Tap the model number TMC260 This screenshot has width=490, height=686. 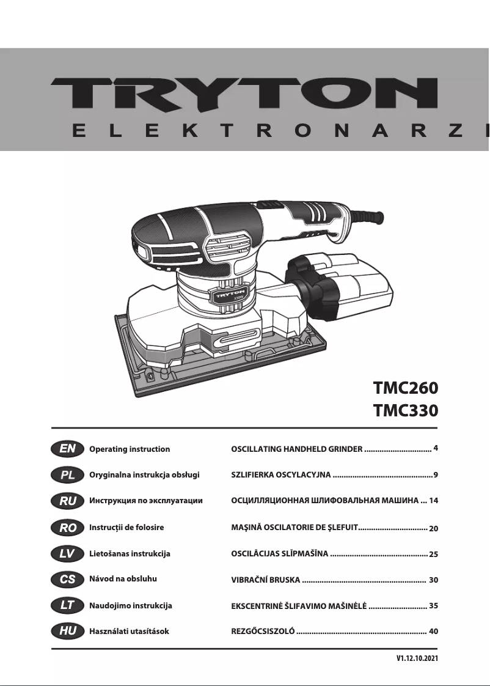[x=406, y=388]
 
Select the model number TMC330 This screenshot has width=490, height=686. [x=406, y=410]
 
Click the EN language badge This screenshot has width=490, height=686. [x=67, y=449]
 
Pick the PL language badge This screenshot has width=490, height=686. [x=67, y=475]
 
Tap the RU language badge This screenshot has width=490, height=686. [x=67, y=501]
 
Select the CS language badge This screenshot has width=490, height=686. [x=67, y=578]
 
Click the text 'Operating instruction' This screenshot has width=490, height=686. [x=130, y=449]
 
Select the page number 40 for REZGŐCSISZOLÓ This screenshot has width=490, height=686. [x=434, y=631]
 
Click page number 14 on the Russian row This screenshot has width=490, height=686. [x=434, y=501]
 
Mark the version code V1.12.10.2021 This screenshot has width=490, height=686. [x=417, y=659]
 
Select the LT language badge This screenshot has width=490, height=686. [x=67, y=605]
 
